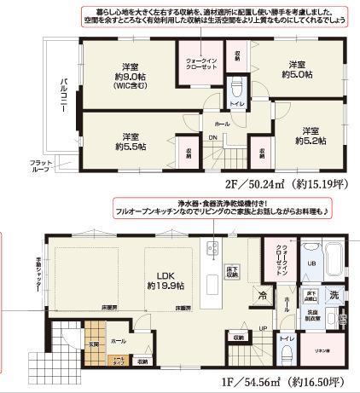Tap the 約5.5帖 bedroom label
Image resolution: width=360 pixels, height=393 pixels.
(x=130, y=142)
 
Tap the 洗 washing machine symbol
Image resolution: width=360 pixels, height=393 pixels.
(x=335, y=293)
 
